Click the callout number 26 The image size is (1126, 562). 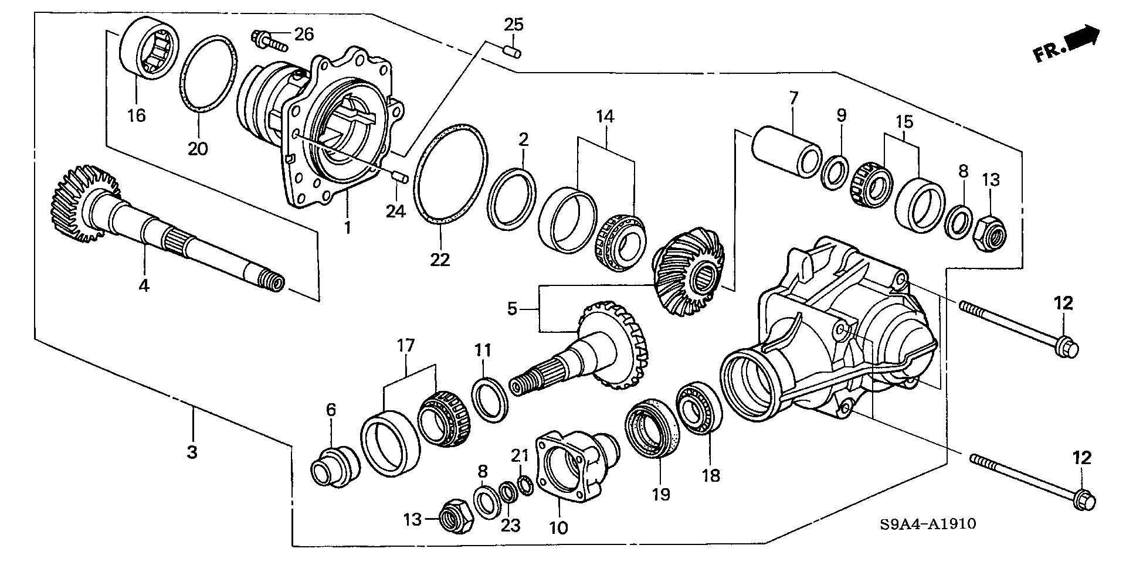tap(304, 35)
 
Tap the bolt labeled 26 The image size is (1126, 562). tap(267, 40)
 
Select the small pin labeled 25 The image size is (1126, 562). tap(513, 52)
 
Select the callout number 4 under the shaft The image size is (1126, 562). tap(144, 285)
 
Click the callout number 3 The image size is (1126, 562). tap(192, 452)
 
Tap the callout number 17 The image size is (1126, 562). tap(405, 345)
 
